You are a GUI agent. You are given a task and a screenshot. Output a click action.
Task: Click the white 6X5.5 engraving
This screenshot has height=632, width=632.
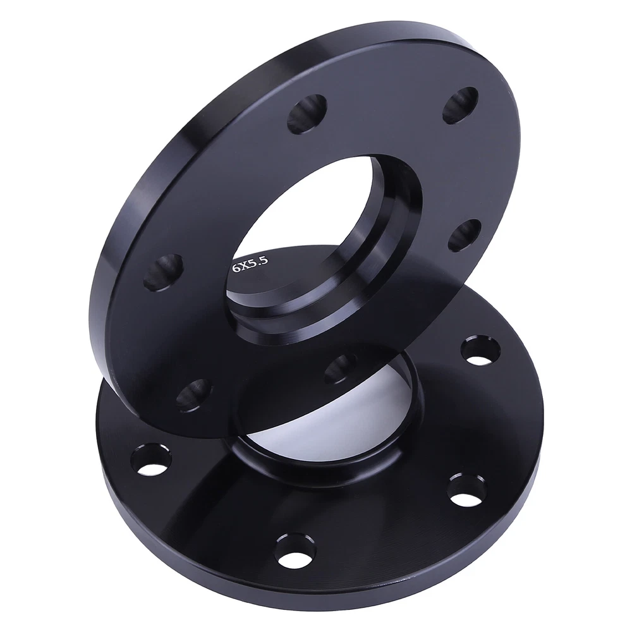click(250, 265)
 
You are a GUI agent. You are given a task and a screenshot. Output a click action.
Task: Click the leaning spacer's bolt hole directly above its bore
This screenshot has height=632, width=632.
click(307, 114)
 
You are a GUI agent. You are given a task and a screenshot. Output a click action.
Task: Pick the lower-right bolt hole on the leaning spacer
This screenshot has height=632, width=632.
click(465, 235)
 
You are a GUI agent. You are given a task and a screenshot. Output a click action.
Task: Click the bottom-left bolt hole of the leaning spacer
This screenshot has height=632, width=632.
click(194, 396)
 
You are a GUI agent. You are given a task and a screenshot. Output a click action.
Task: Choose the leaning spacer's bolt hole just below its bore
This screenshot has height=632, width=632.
click(339, 368)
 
